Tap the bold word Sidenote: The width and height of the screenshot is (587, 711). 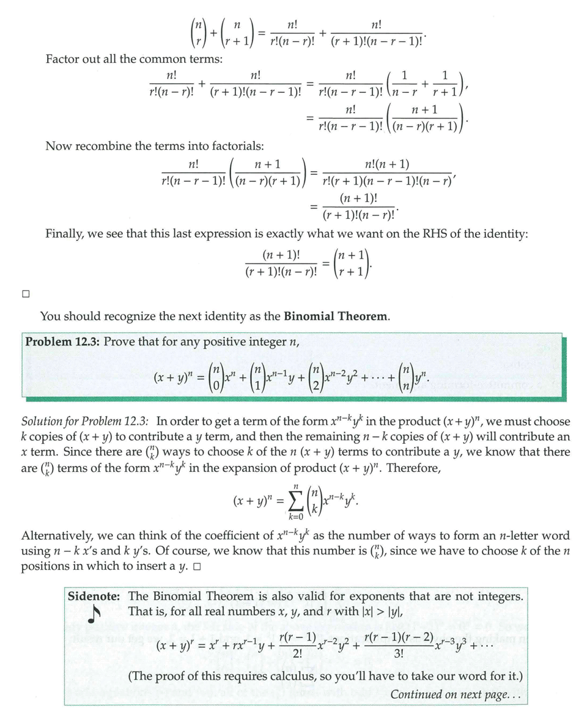(x=95, y=596)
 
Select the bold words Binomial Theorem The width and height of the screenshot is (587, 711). (x=336, y=316)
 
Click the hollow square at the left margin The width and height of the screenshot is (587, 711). (x=26, y=293)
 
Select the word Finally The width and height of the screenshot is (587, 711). (x=65, y=234)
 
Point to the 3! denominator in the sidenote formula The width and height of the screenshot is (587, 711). (x=399, y=652)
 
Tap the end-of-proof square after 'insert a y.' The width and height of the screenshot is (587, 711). (x=197, y=567)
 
